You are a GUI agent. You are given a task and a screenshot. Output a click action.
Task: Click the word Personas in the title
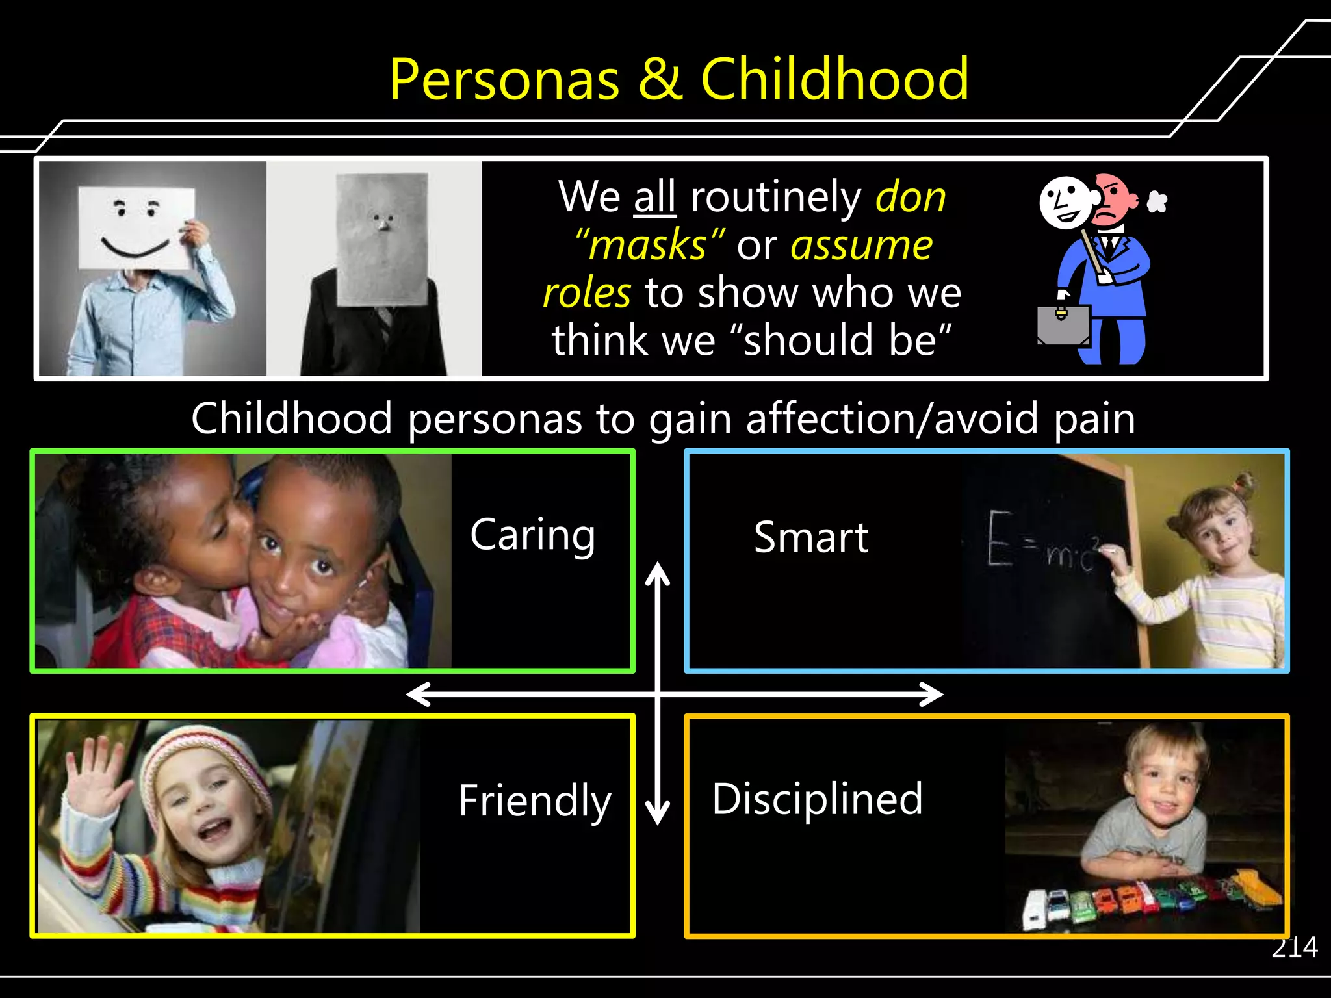(x=504, y=80)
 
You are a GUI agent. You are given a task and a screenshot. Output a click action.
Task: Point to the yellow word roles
(x=587, y=292)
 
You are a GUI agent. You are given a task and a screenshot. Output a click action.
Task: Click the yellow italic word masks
(x=647, y=245)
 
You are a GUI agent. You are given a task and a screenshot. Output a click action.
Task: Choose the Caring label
(x=532, y=535)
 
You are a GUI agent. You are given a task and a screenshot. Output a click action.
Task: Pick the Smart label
(x=810, y=538)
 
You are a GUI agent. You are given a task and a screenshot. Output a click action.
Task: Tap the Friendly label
(x=534, y=801)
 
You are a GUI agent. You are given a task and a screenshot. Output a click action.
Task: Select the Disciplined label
(x=817, y=799)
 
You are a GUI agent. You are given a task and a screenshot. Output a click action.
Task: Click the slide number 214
(x=1294, y=948)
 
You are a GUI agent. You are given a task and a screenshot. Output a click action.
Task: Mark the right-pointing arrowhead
(x=931, y=694)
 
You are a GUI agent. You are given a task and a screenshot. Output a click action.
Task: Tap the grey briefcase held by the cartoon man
(x=1063, y=325)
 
